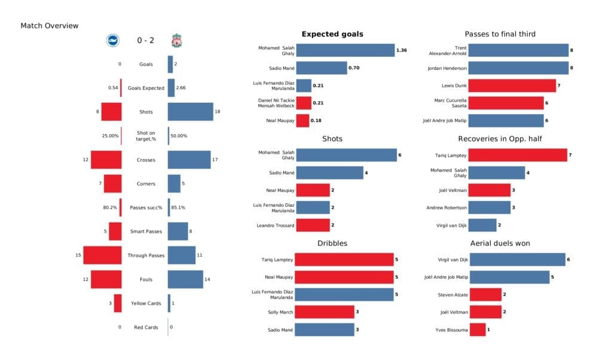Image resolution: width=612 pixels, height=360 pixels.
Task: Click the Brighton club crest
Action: tap(113, 41)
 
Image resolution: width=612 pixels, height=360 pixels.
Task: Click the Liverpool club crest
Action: tap(177, 41)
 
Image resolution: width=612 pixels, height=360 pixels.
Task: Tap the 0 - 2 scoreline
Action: tap(145, 41)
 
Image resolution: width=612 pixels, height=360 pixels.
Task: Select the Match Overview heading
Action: tap(50, 26)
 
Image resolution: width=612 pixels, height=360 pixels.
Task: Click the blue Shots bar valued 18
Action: tap(190, 112)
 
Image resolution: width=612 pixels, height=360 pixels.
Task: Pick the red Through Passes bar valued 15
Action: tap(102, 255)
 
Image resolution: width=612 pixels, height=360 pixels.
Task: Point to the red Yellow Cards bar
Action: tap(118, 303)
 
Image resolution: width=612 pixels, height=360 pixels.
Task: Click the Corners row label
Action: tap(145, 184)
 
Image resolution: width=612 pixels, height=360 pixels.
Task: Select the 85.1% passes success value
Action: tap(178, 208)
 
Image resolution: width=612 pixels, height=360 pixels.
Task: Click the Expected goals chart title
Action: tap(332, 34)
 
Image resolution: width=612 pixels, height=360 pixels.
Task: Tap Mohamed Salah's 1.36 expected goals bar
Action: tap(345, 51)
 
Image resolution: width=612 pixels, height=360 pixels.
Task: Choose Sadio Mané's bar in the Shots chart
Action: tap(329, 173)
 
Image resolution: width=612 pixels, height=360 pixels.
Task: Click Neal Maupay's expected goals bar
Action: tap(302, 121)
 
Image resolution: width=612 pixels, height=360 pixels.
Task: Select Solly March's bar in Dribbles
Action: tap(325, 312)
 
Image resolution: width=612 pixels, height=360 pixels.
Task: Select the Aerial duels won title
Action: tap(500, 243)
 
